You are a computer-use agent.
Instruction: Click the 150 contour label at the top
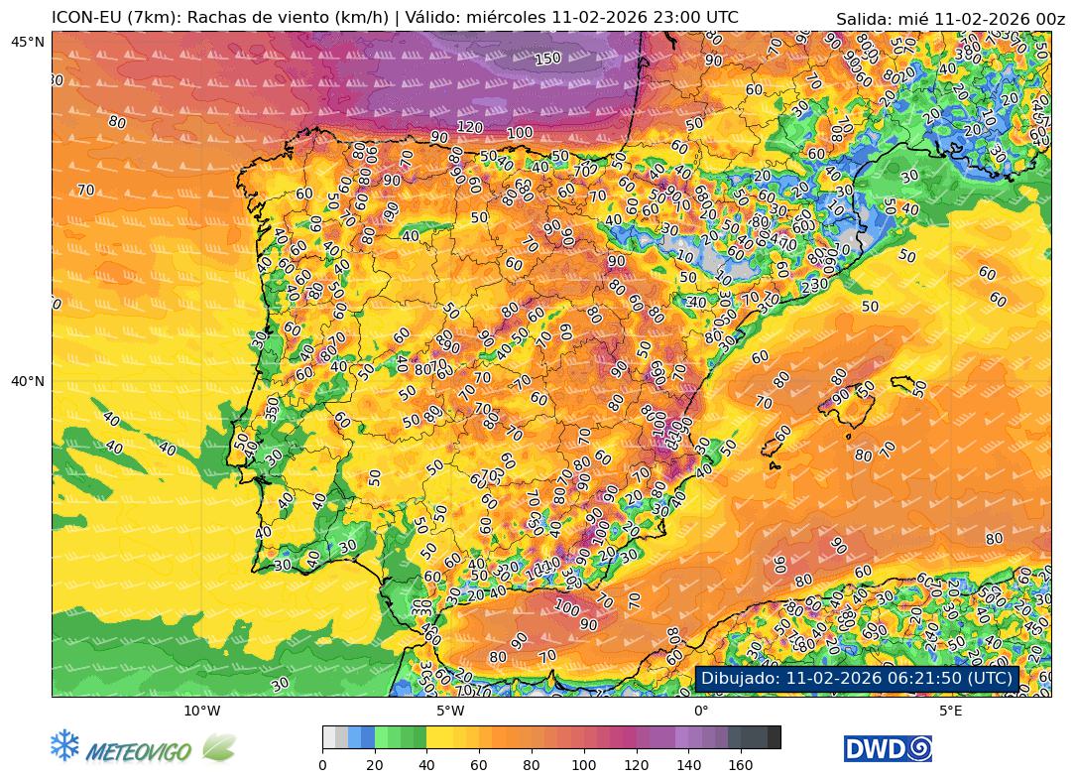coord(547,59)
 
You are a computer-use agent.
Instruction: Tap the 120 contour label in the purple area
coord(470,127)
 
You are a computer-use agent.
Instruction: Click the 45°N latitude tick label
coord(28,41)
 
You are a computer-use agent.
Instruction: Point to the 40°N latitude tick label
coord(28,381)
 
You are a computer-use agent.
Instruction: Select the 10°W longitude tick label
coord(201,711)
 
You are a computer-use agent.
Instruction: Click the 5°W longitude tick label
coord(450,711)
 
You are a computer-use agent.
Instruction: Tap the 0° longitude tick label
coord(700,711)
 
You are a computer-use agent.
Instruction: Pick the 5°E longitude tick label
coord(950,711)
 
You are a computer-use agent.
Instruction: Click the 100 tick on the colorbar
coord(584,765)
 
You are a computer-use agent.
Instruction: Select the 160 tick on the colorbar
coord(741,765)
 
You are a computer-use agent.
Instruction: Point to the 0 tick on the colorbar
coord(322,765)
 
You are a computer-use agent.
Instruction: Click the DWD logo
coord(888,748)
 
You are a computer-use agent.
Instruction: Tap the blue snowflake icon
coord(64,746)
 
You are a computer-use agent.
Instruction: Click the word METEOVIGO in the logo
coord(139,751)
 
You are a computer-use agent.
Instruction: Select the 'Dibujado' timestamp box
coord(858,678)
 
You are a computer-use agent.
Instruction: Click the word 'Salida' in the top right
coord(862,19)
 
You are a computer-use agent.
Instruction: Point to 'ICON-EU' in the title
coord(84,17)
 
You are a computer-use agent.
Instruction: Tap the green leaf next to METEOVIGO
coord(218,747)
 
